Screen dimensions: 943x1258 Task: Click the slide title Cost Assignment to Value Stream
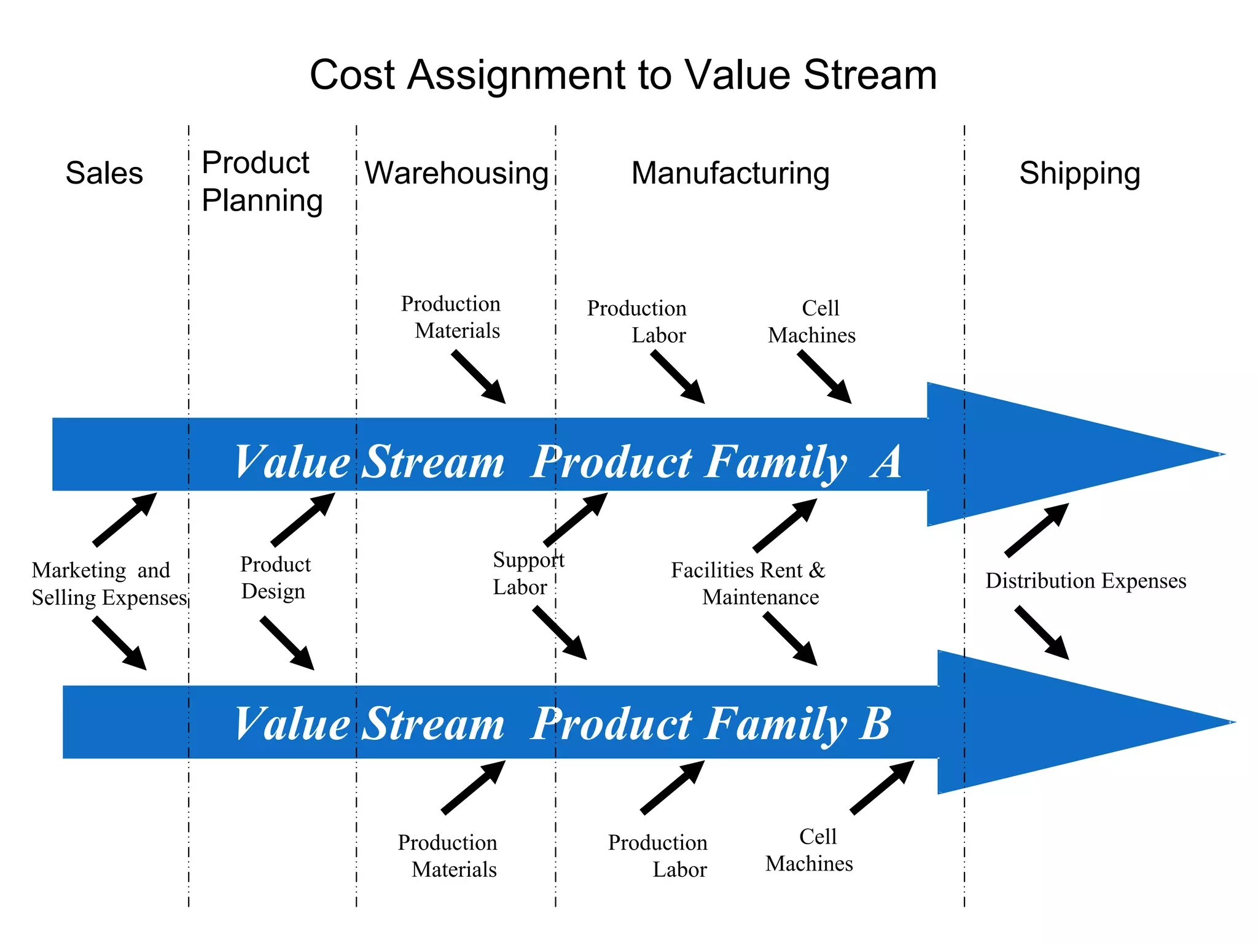pos(623,75)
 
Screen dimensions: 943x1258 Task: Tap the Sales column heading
pos(104,173)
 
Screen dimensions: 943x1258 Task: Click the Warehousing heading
pos(456,173)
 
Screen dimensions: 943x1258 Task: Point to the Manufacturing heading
pos(730,173)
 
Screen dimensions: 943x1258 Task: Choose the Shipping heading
pos(1079,173)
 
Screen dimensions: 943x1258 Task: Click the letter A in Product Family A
pos(886,462)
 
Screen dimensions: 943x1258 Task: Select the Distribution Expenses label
pos(1085,581)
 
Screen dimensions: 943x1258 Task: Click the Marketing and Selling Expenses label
pos(109,584)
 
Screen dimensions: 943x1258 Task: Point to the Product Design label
pos(275,578)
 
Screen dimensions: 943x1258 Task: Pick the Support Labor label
pos(527,573)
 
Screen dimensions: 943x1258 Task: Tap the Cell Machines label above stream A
pos(812,322)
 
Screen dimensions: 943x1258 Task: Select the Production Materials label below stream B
pos(448,856)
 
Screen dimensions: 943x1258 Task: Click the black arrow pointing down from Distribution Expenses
pos(1042,633)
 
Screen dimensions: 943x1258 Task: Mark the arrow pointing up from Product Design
pos(303,519)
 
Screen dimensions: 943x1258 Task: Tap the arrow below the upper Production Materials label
pos(479,377)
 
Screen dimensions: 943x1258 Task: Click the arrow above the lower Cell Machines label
pos(883,787)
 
